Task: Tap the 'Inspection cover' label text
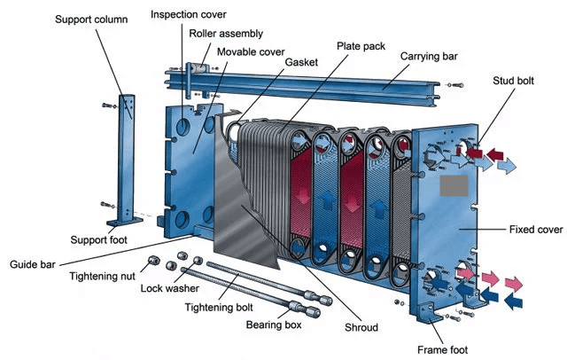tap(188, 15)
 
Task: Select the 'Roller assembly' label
tap(226, 34)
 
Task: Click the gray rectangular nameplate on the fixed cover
tap(459, 186)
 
